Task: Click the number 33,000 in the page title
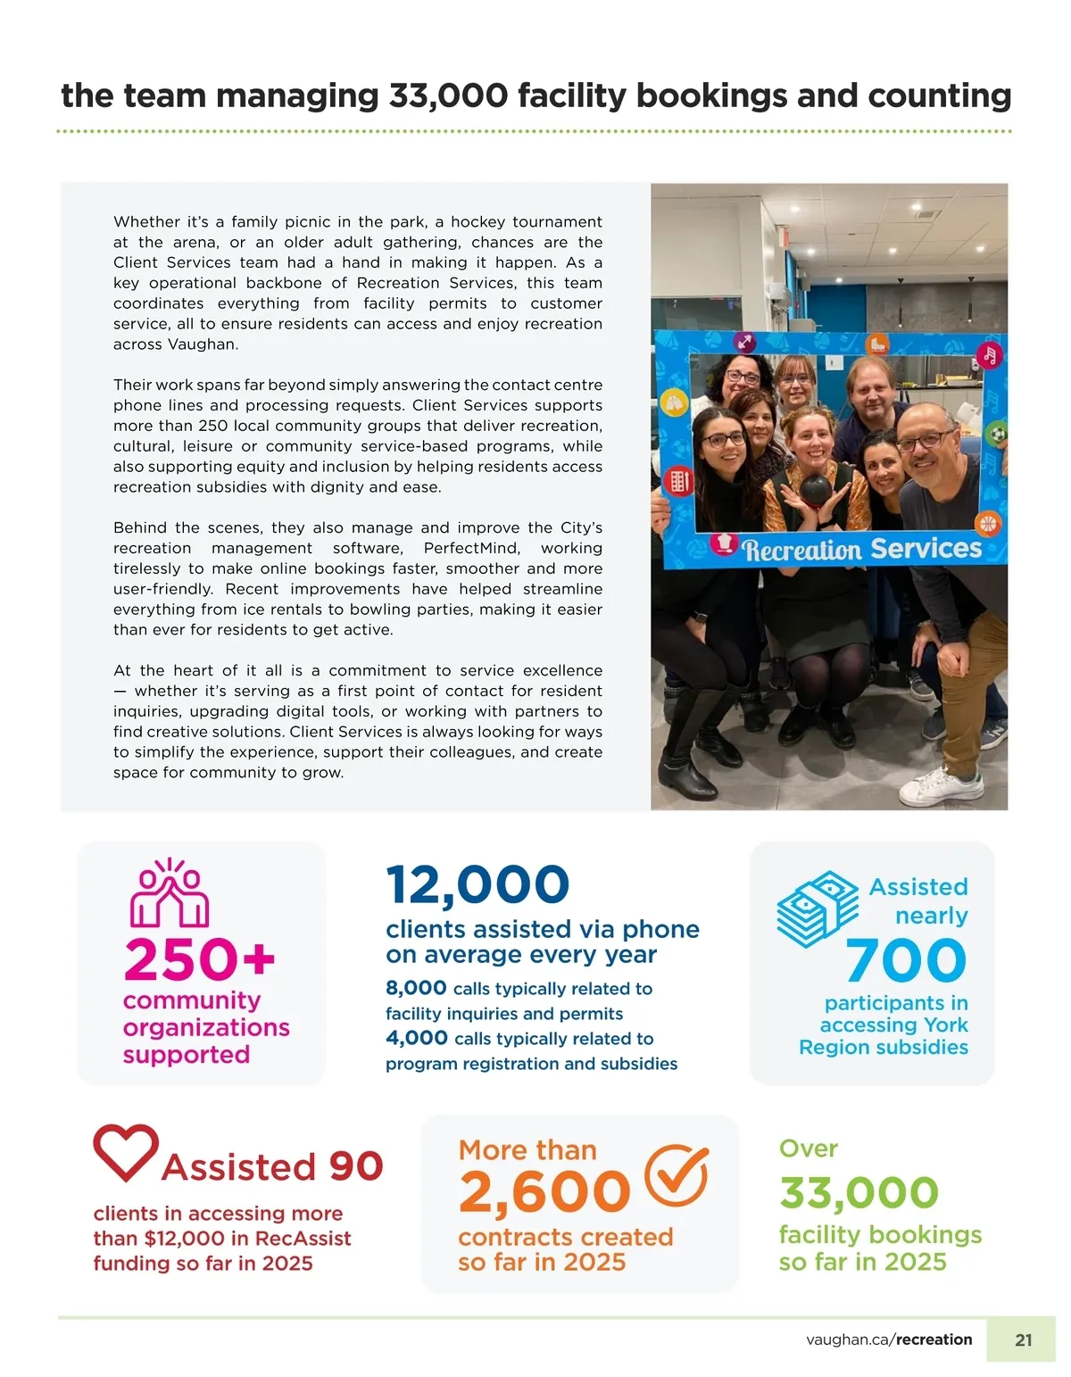tap(448, 95)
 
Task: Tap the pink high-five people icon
tap(170, 894)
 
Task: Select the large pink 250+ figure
tap(199, 959)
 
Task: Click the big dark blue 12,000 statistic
tap(477, 885)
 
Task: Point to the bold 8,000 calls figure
tap(416, 988)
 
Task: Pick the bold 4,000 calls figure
tap(417, 1038)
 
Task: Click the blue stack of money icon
tap(817, 908)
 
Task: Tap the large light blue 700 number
tap(906, 960)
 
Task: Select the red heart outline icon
tap(126, 1151)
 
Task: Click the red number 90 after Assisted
tap(356, 1166)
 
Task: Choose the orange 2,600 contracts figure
tap(544, 1192)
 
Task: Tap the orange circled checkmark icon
tap(677, 1174)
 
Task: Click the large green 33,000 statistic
tap(859, 1193)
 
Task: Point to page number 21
tap(1023, 1340)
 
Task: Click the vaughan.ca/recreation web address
tap(889, 1340)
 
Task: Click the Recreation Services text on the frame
tap(861, 549)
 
